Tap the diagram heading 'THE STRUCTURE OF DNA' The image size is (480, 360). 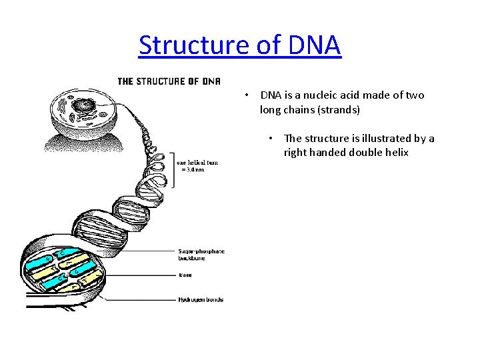(169, 82)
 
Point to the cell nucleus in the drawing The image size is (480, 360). (84, 105)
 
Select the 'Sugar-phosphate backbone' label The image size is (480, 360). (201, 254)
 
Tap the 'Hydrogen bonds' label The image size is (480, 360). (200, 299)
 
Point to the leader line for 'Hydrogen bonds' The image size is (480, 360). (133, 299)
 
